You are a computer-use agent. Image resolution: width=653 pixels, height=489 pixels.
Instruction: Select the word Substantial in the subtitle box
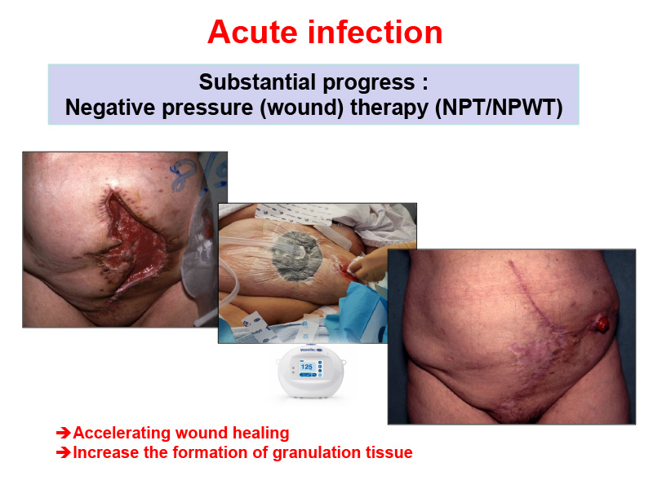(257, 82)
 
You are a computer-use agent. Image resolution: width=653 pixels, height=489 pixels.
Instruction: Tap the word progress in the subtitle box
(369, 83)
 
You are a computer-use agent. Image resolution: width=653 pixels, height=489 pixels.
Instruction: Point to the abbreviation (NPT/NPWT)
(499, 108)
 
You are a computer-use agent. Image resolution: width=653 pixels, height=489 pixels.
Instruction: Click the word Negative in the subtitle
(110, 108)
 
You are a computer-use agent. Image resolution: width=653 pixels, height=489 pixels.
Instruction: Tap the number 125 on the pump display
(307, 367)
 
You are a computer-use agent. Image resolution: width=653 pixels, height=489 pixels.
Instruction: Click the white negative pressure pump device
(311, 372)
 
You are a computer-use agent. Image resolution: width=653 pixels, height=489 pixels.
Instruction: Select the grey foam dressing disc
(295, 255)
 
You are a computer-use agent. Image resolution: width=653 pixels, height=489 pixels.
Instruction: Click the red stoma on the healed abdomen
(602, 324)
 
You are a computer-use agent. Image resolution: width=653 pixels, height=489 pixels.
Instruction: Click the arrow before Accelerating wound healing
(64, 433)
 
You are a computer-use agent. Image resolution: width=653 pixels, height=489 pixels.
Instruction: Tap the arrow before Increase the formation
(64, 452)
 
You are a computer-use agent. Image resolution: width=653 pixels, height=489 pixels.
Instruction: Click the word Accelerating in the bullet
(122, 434)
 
